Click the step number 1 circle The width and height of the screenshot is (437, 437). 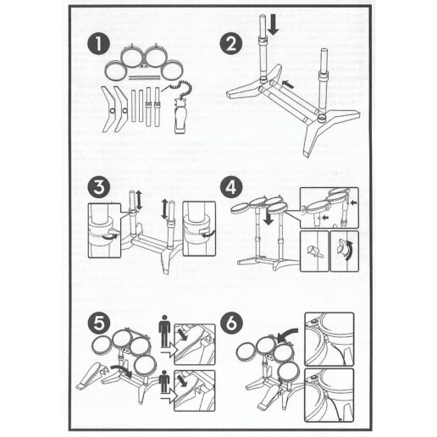click(x=98, y=44)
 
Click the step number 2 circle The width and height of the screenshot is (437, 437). click(x=231, y=43)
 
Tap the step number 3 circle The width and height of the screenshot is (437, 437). click(x=99, y=187)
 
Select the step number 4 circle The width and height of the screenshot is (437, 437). click(x=231, y=187)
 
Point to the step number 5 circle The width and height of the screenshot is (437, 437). click(x=99, y=324)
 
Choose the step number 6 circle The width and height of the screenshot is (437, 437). click(x=231, y=324)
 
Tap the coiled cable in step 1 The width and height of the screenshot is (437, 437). click(x=180, y=88)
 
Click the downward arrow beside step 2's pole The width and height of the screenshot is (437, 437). click(x=273, y=26)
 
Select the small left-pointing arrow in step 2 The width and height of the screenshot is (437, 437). click(x=288, y=84)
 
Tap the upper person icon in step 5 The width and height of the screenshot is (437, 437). click(x=164, y=331)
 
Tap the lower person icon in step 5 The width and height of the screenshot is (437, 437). click(x=164, y=382)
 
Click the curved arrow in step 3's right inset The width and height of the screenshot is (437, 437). click(x=207, y=233)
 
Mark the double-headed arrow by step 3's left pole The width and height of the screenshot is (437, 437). click(x=139, y=200)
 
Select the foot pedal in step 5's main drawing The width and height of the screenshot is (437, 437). click(x=91, y=375)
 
